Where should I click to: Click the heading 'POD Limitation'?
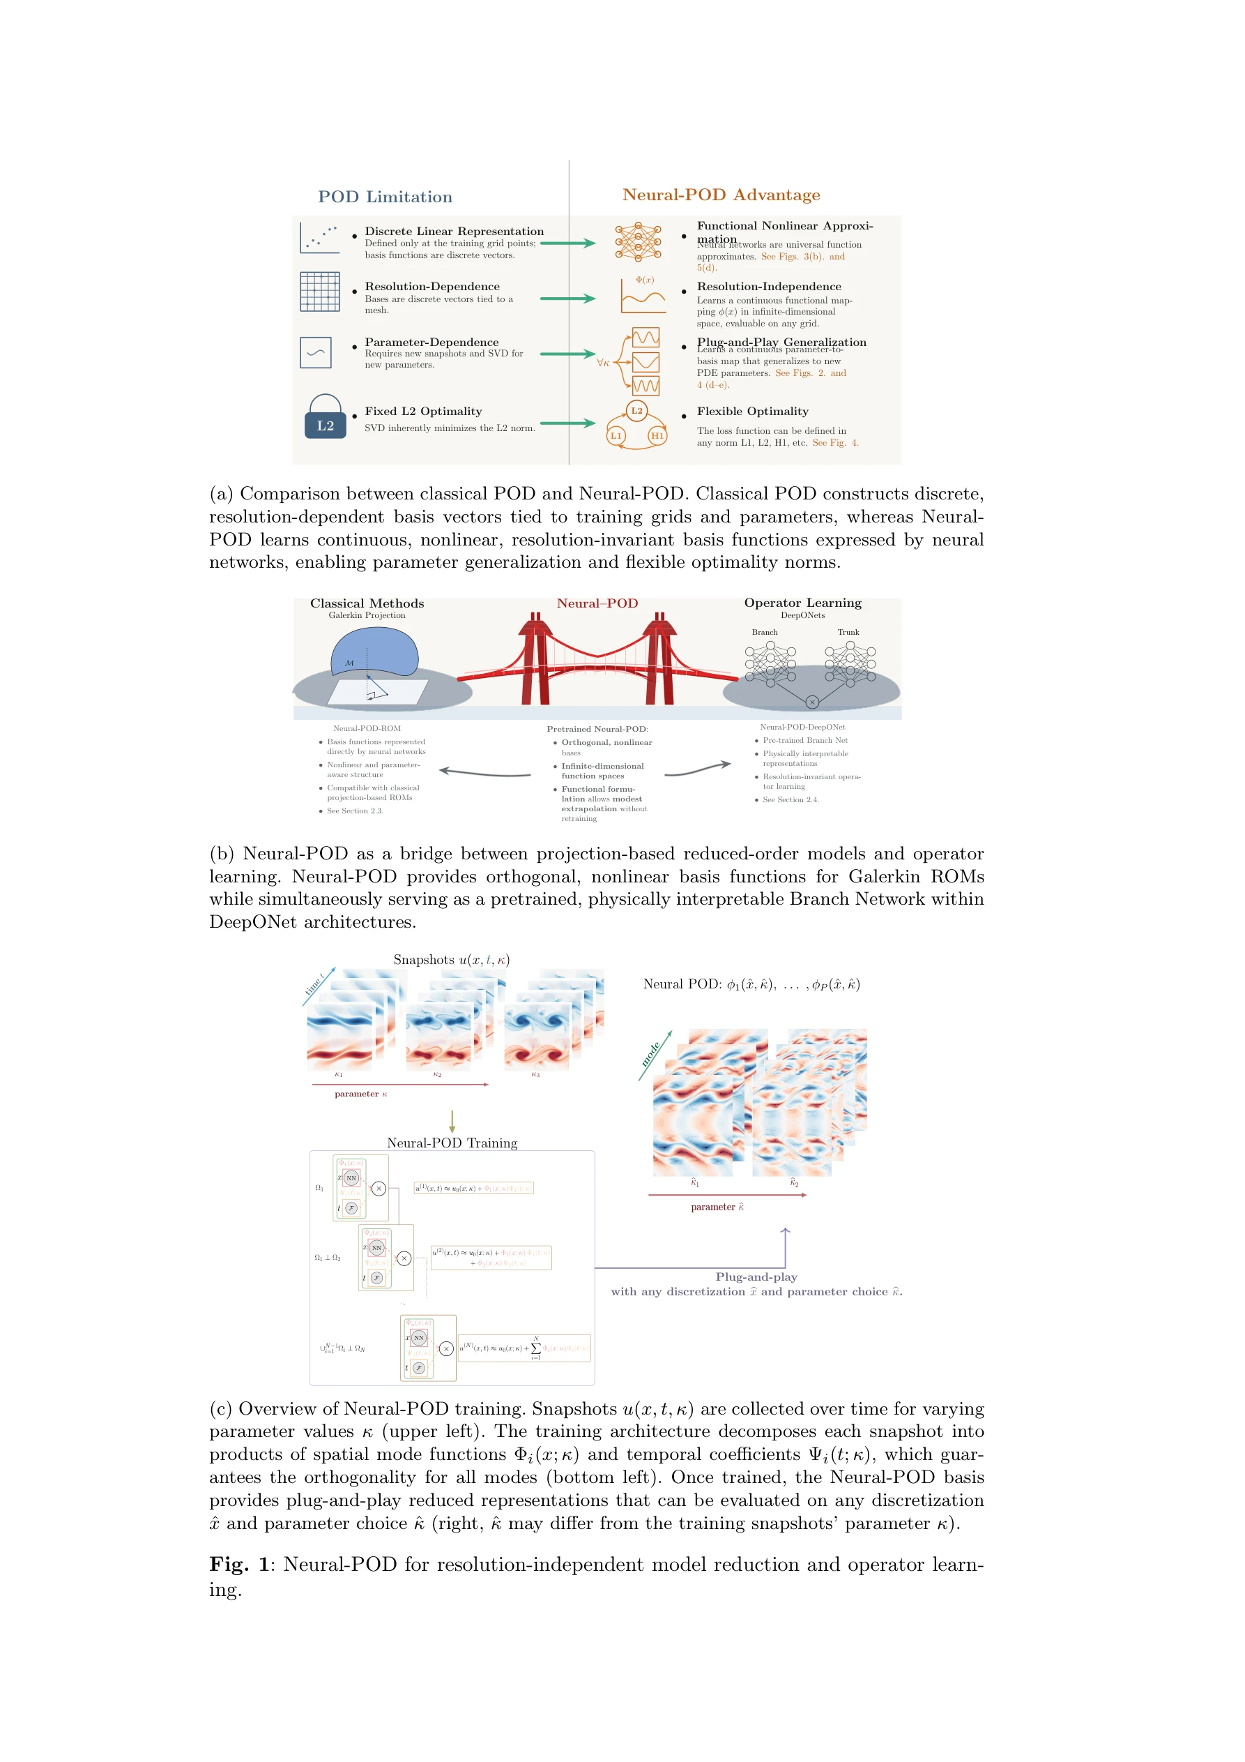pyautogui.click(x=385, y=197)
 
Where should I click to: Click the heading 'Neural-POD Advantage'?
pyautogui.click(x=721, y=195)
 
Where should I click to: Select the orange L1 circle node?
pyautogui.click(x=616, y=436)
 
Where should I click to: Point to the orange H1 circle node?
pyautogui.click(x=657, y=436)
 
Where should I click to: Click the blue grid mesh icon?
pyautogui.click(x=320, y=292)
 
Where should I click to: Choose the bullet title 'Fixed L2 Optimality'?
pyautogui.click(x=423, y=412)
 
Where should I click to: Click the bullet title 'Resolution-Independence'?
pyautogui.click(x=769, y=286)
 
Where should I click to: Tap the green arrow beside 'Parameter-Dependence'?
pyautogui.click(x=567, y=354)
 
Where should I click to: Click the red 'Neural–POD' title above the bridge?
pyautogui.click(x=597, y=603)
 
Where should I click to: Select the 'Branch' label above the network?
pyautogui.click(x=764, y=633)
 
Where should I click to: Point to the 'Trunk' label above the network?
pyautogui.click(x=848, y=633)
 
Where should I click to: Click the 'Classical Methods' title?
pyautogui.click(x=367, y=603)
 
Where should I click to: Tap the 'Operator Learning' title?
pyautogui.click(x=802, y=603)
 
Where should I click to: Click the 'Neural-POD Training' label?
pyautogui.click(x=452, y=1143)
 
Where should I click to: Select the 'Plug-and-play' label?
pyautogui.click(x=756, y=1277)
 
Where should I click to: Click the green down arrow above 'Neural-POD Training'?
pyautogui.click(x=452, y=1121)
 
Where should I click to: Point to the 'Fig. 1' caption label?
pyautogui.click(x=239, y=1564)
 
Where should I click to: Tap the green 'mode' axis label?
pyautogui.click(x=650, y=1055)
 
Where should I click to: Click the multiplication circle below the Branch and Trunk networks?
pyautogui.click(x=811, y=702)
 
